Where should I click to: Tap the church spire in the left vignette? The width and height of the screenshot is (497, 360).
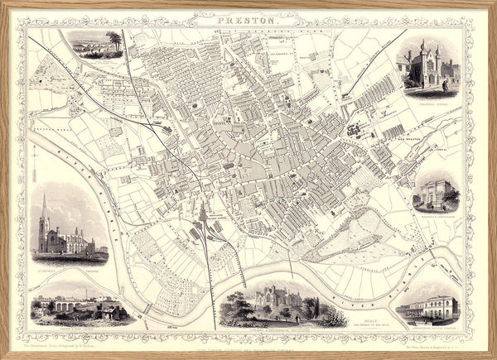44,207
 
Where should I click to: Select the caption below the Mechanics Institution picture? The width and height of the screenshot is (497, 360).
437,217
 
